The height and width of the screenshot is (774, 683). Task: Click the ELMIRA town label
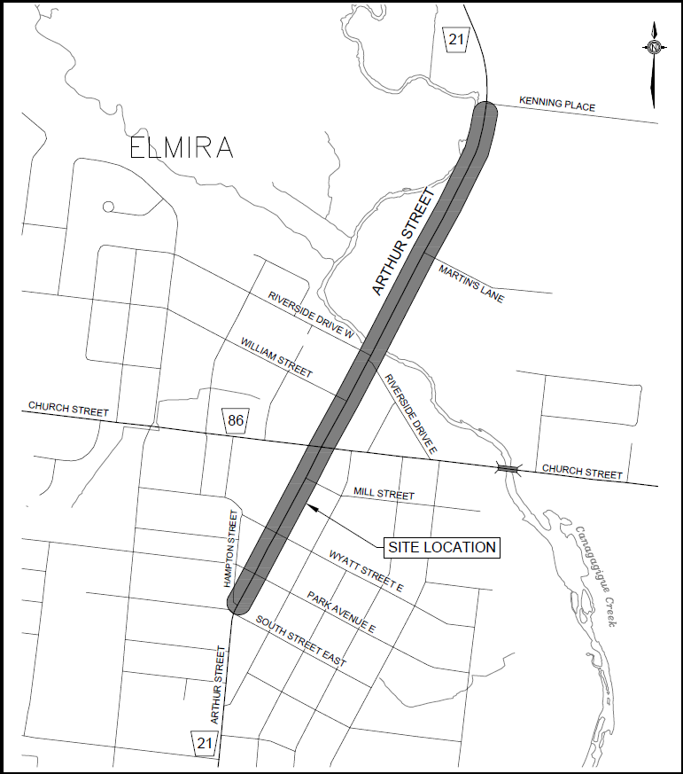pyautogui.click(x=182, y=148)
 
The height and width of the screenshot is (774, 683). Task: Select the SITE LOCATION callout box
pyautogui.click(x=441, y=547)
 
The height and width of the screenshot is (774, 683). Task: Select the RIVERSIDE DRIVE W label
pyautogui.click(x=312, y=315)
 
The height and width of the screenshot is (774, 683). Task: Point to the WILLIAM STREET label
pyautogui.click(x=276, y=358)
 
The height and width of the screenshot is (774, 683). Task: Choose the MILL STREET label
pyautogui.click(x=384, y=493)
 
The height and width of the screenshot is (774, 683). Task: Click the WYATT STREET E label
pyautogui.click(x=367, y=568)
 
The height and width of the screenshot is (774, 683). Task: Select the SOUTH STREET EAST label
pyautogui.click(x=301, y=641)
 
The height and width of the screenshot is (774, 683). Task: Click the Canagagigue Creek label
pyautogui.click(x=595, y=576)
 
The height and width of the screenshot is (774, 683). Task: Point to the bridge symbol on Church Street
pyautogui.click(x=508, y=468)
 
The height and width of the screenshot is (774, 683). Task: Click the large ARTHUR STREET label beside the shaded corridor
pyautogui.click(x=406, y=241)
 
